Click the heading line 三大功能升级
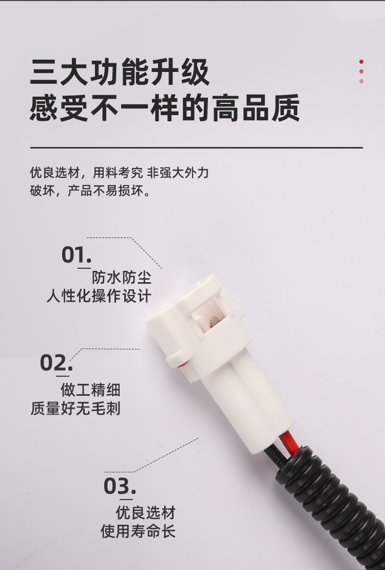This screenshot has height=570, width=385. pos(120,71)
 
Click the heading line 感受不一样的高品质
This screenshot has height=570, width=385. pos(165,107)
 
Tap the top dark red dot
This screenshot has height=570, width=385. pos(361,62)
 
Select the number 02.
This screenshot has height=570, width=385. pos(56,362)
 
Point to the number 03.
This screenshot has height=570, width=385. pos(120,486)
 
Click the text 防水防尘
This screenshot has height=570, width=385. pos(121,278)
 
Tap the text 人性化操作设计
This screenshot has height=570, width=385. pos(99,296)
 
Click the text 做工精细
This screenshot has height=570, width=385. pos(90,390)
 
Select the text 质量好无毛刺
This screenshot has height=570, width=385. pos(75,408)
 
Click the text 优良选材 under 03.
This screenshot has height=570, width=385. pos(146,513)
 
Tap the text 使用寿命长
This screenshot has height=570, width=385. pos(138,531)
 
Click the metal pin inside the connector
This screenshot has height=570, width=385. pos(214,321)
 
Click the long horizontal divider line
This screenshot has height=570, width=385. pos(197,148)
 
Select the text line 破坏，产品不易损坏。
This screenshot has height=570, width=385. pos(90,191)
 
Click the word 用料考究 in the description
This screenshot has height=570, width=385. pos(118,172)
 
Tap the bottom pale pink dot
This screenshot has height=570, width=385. pos(361,81)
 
